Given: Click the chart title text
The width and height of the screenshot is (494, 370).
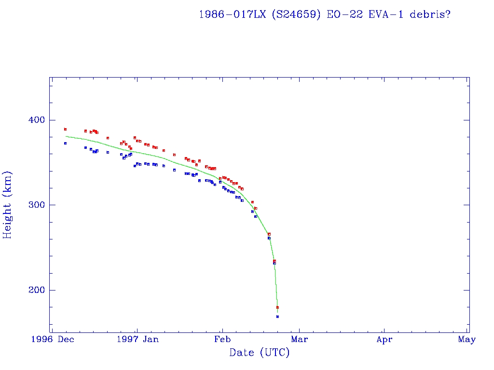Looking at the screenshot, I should (325, 14).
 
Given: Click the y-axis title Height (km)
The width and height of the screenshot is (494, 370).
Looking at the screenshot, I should (8, 205).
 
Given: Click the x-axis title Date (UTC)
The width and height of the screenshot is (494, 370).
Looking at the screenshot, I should (260, 353).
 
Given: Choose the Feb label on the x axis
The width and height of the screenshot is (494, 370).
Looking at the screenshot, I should (221, 340).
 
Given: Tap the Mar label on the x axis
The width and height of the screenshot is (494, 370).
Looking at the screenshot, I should (300, 340).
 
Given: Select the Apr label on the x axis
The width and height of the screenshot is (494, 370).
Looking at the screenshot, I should (384, 340).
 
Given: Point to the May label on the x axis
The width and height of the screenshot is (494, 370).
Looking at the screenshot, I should (467, 340).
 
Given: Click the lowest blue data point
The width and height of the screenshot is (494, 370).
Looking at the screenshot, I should (277, 317).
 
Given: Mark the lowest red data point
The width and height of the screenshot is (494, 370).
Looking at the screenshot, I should (277, 307).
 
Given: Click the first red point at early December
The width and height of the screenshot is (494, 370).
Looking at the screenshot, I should (65, 129).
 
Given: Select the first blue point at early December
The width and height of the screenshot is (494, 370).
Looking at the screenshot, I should (65, 143).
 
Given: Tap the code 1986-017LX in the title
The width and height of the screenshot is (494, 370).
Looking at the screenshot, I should (232, 14).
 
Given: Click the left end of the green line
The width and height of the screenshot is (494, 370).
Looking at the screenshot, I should (66, 136).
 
